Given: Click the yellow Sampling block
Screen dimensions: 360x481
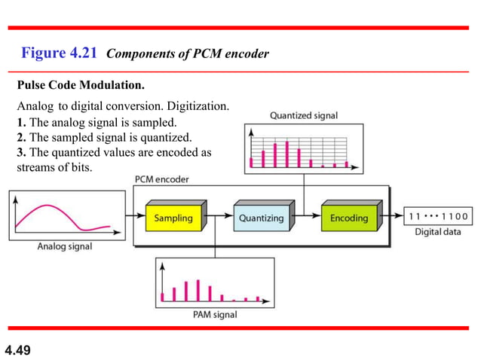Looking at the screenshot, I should pos(174,218).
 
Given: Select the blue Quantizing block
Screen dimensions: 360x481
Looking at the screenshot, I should pos(262,218).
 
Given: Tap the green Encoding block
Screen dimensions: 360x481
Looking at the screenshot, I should pos(349,218).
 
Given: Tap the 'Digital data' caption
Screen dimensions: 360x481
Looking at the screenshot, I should pos(438,232).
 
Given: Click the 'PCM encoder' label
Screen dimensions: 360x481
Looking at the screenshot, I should pos(161,179).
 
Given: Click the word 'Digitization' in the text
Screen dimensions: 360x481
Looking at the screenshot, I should pos(201,106).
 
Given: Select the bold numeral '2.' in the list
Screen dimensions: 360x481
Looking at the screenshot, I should pos(21,137).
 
